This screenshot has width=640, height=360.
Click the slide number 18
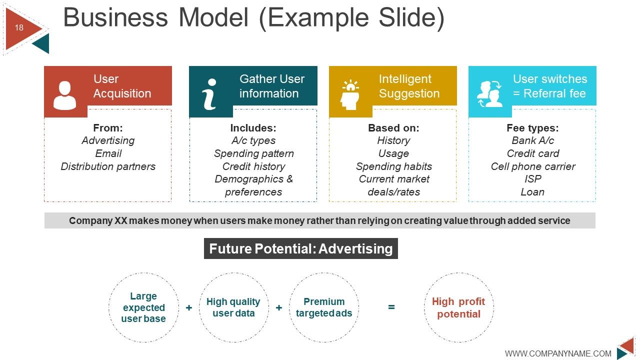pos(19,28)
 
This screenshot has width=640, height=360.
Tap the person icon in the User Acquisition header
pos(65,95)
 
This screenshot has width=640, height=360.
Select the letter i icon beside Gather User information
pos(210,94)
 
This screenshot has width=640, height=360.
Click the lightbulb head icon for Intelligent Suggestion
pos(350,94)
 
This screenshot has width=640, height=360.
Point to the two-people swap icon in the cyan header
pos(489,94)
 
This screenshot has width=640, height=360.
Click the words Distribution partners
pos(108,166)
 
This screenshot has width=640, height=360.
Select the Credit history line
pos(253,166)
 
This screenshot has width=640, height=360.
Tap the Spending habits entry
pos(393,166)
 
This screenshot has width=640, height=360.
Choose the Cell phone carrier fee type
pos(533,166)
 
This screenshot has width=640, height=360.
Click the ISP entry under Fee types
pos(533,179)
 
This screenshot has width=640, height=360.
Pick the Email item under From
pos(108,153)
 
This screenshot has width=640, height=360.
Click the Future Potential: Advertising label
pos(301,249)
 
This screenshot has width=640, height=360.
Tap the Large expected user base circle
pos(143,307)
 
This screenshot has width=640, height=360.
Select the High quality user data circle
pos(233,307)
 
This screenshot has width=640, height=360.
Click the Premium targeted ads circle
pos(324,307)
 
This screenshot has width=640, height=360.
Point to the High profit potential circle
pos(458,307)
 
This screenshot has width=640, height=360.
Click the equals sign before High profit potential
pos(391,307)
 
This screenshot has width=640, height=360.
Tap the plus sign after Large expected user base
pos(189,308)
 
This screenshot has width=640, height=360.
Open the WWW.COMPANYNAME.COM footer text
pos(558,353)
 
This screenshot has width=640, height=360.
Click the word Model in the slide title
pos(213,18)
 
